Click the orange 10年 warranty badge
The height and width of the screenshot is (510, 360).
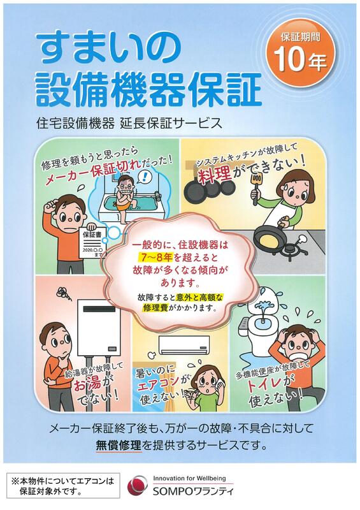[x=301, y=54]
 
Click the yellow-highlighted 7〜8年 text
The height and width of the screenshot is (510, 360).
[x=155, y=258]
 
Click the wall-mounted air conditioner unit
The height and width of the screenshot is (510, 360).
[x=184, y=345]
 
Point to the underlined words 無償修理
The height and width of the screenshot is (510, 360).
[x=119, y=445]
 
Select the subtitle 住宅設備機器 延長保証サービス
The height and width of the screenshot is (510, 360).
[x=130, y=124]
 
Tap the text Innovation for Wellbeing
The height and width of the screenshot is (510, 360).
[x=189, y=479]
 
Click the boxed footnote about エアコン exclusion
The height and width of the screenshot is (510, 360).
[x=63, y=486]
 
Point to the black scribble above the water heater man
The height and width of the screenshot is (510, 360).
[x=64, y=293]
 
